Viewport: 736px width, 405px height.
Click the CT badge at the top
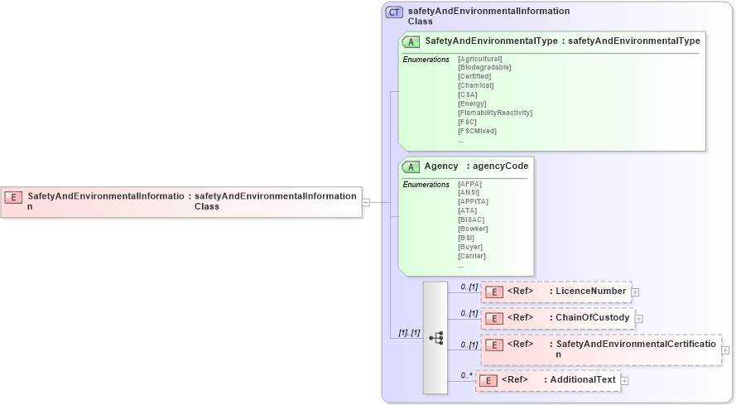[x=394, y=12]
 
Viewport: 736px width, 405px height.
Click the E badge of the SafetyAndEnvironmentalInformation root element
[x=13, y=197]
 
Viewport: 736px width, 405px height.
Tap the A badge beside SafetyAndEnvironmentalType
[x=411, y=41]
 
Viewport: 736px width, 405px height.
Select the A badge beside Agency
[x=411, y=166]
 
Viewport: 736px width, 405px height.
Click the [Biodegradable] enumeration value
[x=484, y=68]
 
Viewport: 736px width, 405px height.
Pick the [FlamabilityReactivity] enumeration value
[x=494, y=113]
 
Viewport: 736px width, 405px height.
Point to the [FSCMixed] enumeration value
[x=477, y=131]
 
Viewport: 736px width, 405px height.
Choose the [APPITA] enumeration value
[x=473, y=201]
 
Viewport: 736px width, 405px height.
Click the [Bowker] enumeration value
[x=472, y=229]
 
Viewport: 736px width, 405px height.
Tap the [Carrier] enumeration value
[x=471, y=256]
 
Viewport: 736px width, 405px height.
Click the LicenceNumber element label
[x=590, y=292]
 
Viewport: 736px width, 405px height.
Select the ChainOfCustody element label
[x=592, y=318]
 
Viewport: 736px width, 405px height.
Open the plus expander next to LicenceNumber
[x=636, y=292]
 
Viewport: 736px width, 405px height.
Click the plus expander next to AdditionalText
[x=625, y=381]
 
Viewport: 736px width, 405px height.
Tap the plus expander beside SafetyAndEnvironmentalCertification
[x=725, y=350]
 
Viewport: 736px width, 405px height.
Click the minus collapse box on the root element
[x=366, y=201]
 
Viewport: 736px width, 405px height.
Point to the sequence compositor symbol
[x=435, y=338]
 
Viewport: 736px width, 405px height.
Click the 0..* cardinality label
[x=467, y=375]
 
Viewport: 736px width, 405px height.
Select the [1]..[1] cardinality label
[x=409, y=333]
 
